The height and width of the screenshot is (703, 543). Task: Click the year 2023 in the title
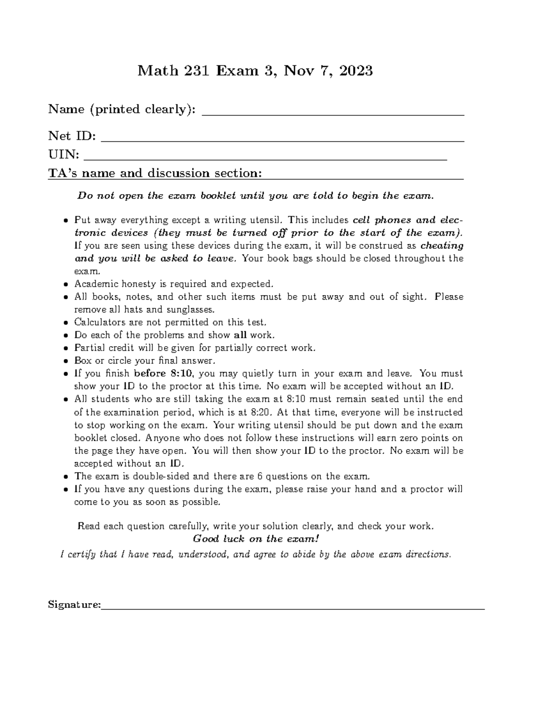356,71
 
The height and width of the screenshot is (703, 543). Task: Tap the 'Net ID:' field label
72,136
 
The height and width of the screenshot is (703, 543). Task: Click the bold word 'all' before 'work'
240,335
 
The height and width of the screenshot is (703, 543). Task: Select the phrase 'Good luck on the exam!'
256,539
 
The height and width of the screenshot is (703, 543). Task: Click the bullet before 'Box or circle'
66,361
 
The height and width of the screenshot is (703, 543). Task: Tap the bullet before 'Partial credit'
66,349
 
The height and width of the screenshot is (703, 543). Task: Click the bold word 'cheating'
442,246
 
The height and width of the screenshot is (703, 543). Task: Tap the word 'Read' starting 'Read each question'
89,526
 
